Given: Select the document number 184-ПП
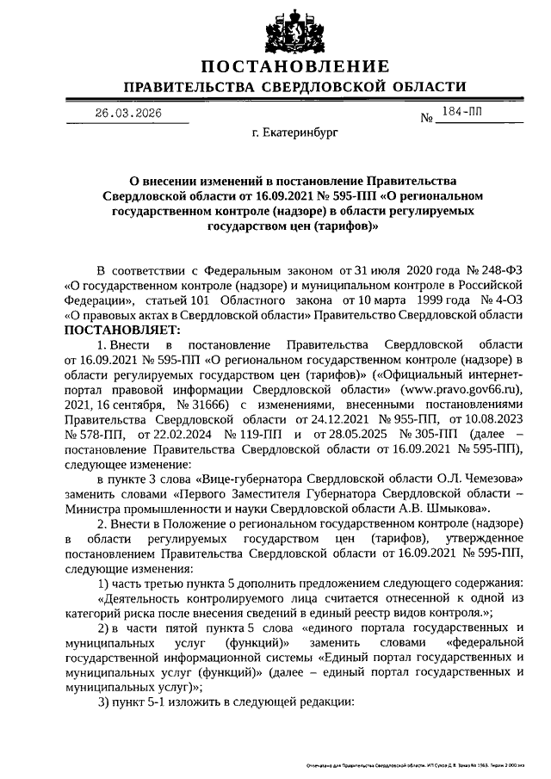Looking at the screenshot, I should coord(461,112).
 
